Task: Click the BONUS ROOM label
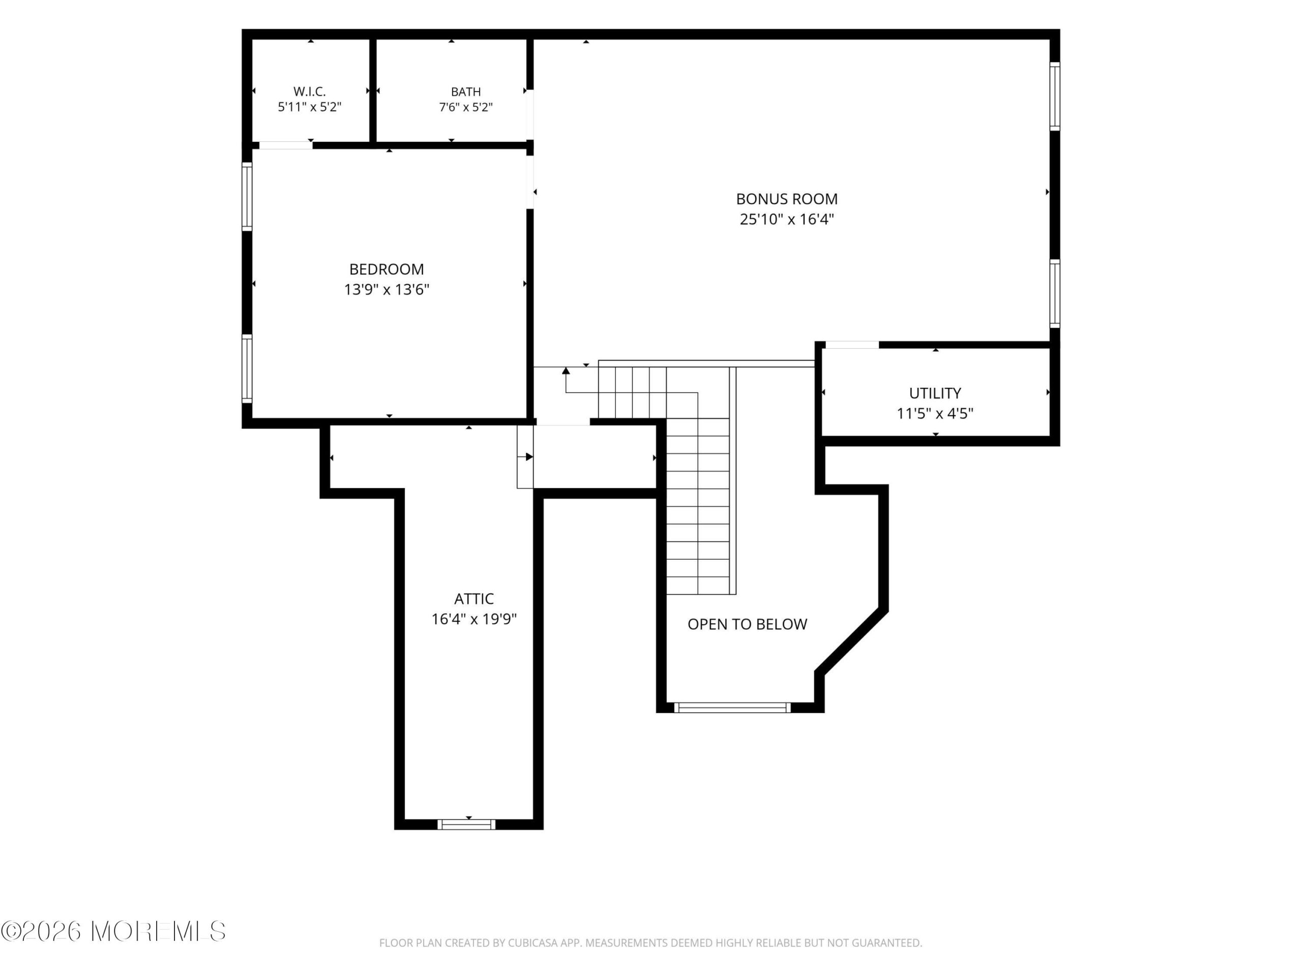click(x=786, y=199)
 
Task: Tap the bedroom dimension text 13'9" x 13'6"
click(x=387, y=289)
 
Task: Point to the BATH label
click(x=465, y=92)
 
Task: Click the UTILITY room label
click(x=935, y=393)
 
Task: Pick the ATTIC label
click(x=474, y=599)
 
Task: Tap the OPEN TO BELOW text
click(x=747, y=624)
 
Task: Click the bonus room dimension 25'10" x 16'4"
click(x=786, y=220)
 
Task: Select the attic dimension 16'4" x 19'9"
click(x=474, y=619)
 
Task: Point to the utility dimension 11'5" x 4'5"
click(x=935, y=414)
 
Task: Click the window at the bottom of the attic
click(x=466, y=824)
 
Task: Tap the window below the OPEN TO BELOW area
click(x=732, y=708)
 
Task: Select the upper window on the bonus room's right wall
click(x=1055, y=97)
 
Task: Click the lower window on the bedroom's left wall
click(x=247, y=369)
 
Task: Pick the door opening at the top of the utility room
click(x=852, y=345)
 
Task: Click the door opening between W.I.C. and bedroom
click(x=285, y=145)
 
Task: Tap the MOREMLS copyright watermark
click(x=113, y=931)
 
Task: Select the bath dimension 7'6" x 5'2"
click(x=465, y=107)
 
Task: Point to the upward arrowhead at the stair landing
click(x=566, y=371)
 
